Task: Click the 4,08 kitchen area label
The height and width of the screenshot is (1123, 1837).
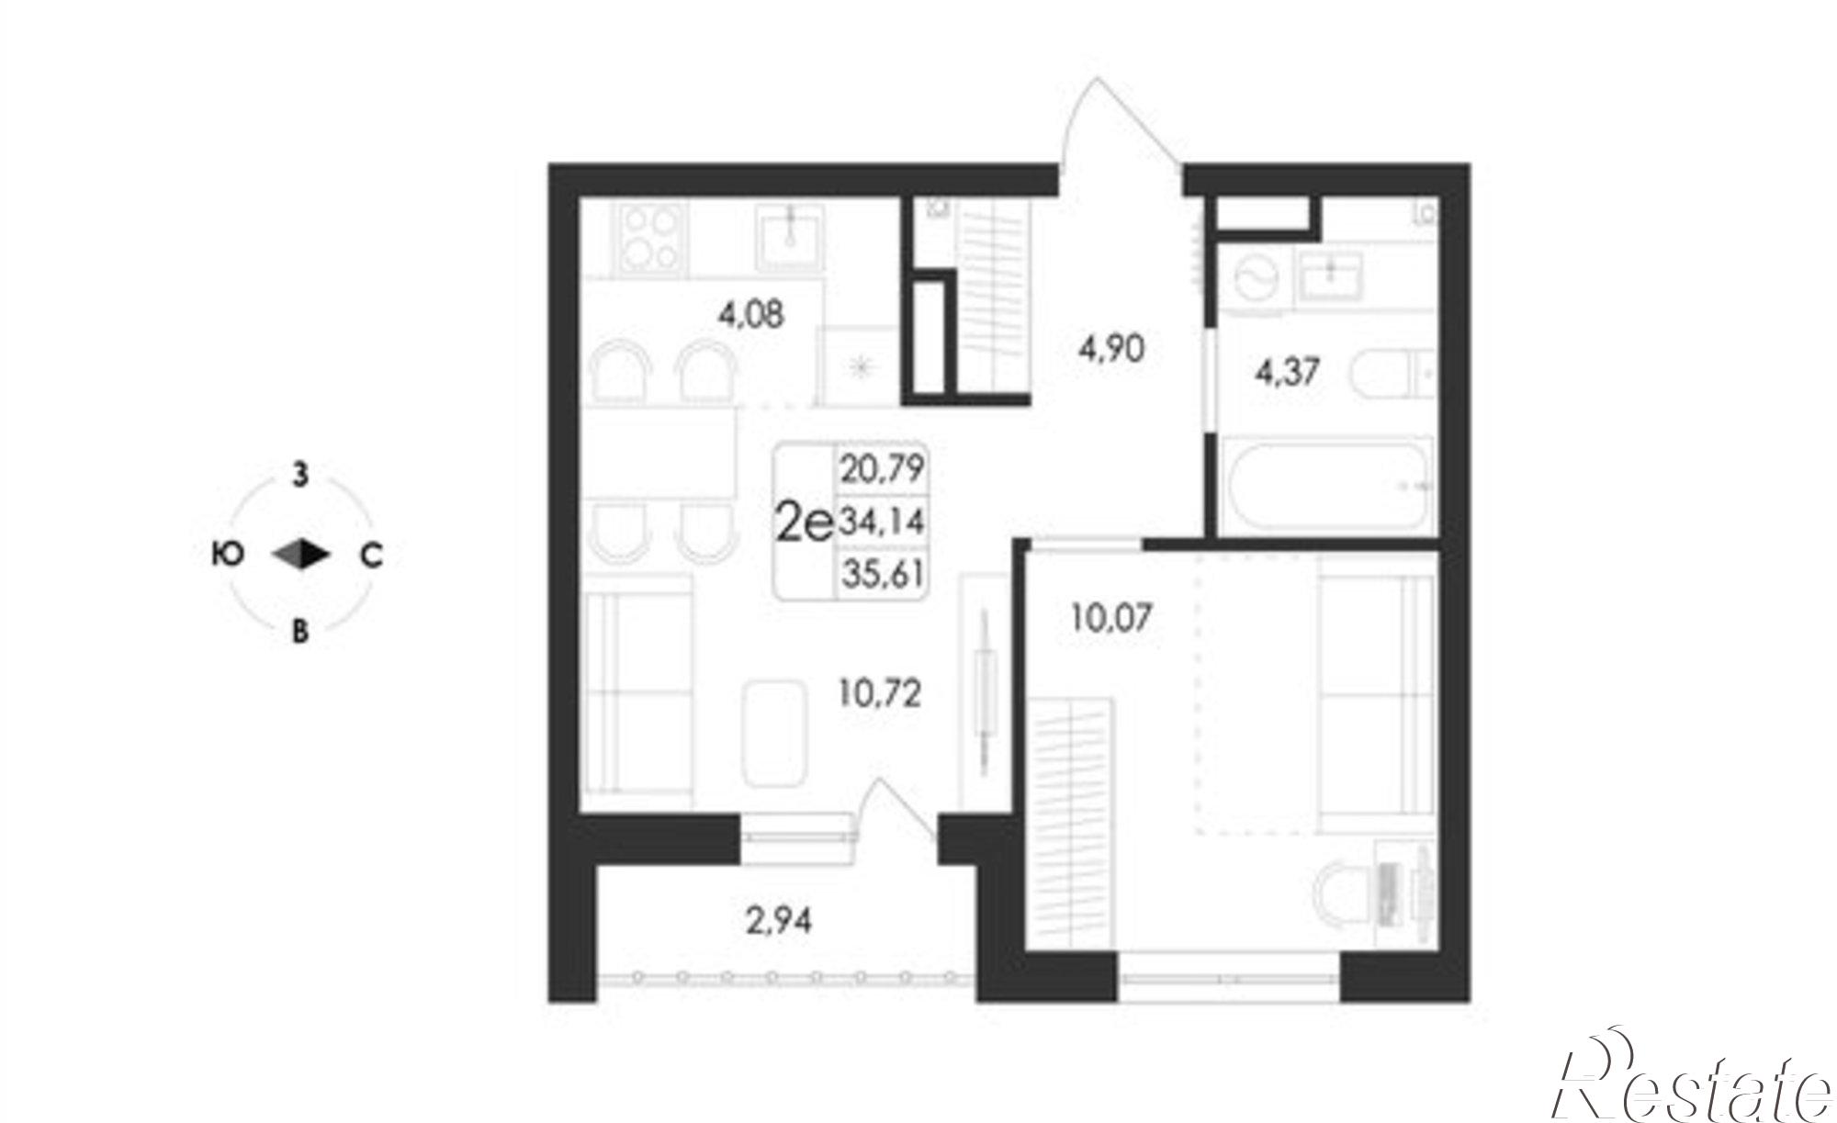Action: (x=752, y=316)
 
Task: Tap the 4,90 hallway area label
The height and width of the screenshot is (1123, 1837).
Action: (x=1111, y=349)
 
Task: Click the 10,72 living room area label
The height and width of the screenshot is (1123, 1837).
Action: (x=880, y=692)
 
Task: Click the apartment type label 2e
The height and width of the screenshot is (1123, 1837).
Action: (x=805, y=523)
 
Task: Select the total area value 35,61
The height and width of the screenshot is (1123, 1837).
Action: (x=882, y=574)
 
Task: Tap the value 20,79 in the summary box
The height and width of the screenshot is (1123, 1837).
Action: (x=882, y=470)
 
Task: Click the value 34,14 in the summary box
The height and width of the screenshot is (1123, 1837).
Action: (x=882, y=522)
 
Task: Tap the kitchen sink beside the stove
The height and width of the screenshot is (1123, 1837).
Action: (x=790, y=238)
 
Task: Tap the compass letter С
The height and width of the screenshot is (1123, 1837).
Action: (x=370, y=555)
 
